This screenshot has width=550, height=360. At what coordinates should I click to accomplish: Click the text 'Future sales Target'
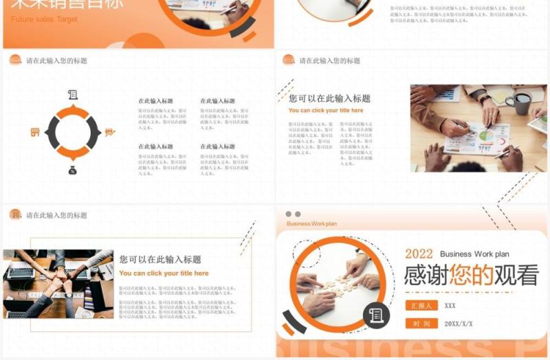[x=44, y=19]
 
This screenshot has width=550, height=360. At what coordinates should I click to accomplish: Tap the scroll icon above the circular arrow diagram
[x=72, y=94]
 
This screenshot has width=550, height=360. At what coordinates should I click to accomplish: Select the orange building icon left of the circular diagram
[x=35, y=132]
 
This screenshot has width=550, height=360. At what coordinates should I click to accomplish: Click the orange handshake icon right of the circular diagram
[x=109, y=132]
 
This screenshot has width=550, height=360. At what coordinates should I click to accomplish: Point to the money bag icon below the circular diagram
[x=72, y=169]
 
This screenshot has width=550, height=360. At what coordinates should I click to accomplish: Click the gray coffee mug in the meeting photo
[x=521, y=104]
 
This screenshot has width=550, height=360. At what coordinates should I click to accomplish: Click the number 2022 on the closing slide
[x=419, y=254]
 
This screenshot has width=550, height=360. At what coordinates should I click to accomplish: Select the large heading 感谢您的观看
[x=471, y=275]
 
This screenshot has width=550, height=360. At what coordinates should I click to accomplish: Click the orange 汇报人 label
[x=421, y=306]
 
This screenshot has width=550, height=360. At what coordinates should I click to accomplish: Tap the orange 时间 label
[x=421, y=324]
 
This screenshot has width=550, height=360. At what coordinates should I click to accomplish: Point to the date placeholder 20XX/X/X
[x=459, y=324]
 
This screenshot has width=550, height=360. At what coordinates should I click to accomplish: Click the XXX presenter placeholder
[x=450, y=306]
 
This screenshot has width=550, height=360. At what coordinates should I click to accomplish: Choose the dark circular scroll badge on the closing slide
[x=376, y=315]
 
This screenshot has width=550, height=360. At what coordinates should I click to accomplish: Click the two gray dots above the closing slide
[x=293, y=214]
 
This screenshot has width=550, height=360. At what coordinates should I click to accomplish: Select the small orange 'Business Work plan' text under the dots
[x=311, y=224]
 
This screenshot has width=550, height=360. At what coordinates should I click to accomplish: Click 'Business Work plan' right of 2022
[x=474, y=254]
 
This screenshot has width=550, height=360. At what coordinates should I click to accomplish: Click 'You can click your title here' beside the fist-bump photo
[x=164, y=273]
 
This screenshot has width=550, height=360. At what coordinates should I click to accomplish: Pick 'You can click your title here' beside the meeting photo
[x=326, y=110]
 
